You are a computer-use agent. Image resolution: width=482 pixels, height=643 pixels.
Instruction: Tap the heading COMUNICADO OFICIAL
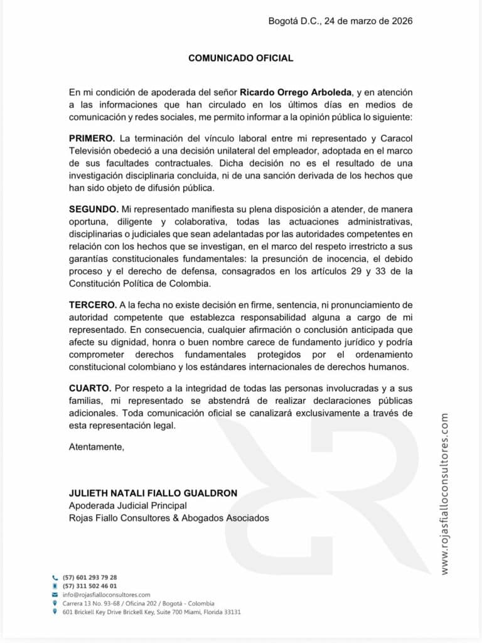(x=241, y=58)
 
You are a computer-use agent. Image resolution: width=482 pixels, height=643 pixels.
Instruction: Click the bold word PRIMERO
(x=92, y=138)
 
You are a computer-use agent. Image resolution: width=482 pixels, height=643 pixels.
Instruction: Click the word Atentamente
(x=97, y=447)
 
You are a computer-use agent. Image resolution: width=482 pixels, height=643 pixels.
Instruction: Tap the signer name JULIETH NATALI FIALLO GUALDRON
(x=153, y=493)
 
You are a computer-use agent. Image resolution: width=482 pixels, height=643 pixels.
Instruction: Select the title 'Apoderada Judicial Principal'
(x=128, y=505)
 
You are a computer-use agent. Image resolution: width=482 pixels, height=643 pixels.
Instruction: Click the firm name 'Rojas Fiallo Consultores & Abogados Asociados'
(x=169, y=518)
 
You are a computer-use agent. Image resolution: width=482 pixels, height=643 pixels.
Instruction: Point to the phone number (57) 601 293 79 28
(x=90, y=577)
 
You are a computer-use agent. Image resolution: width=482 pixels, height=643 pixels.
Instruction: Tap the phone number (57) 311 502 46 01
(x=90, y=586)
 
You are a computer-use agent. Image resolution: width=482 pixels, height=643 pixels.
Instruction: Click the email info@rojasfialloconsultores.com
(x=107, y=594)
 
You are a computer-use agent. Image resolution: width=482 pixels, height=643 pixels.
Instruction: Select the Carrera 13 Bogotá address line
(x=139, y=603)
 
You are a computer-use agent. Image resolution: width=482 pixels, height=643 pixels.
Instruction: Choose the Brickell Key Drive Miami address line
(x=152, y=612)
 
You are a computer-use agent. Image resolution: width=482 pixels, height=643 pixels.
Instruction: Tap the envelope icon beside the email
(x=55, y=594)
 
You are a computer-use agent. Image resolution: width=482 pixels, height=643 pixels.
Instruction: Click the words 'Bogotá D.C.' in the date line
(x=292, y=21)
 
